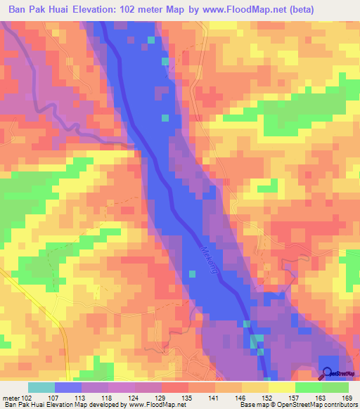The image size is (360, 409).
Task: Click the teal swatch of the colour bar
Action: [x=41, y=387]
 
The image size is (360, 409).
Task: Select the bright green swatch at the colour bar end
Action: [x=335, y=387]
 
